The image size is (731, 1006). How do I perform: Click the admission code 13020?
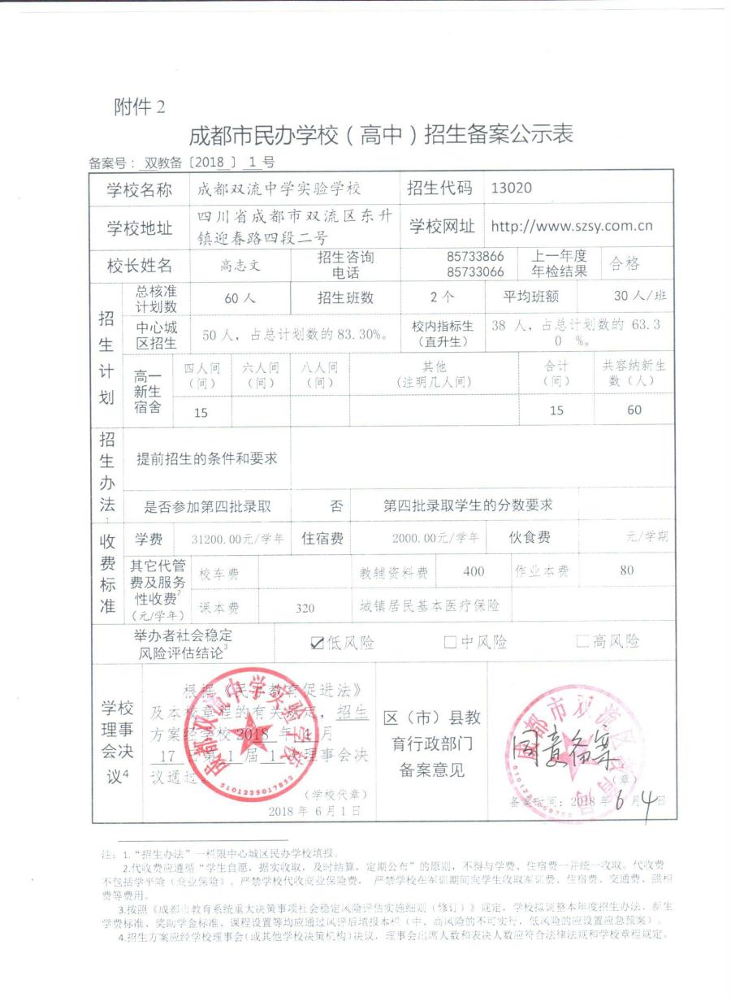[512, 189]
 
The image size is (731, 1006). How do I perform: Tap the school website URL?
[572, 227]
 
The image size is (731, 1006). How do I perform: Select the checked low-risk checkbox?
[318, 643]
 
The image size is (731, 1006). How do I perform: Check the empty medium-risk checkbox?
[450, 643]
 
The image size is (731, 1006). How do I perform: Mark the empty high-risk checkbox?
[582, 642]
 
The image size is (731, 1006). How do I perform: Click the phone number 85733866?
[475, 257]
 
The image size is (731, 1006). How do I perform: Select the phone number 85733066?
[475, 271]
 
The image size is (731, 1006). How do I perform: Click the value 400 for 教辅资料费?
[474, 571]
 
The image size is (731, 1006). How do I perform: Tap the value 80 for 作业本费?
[626, 570]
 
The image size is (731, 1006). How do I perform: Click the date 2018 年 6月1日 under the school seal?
[313, 810]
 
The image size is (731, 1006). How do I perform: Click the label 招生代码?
[439, 189]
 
